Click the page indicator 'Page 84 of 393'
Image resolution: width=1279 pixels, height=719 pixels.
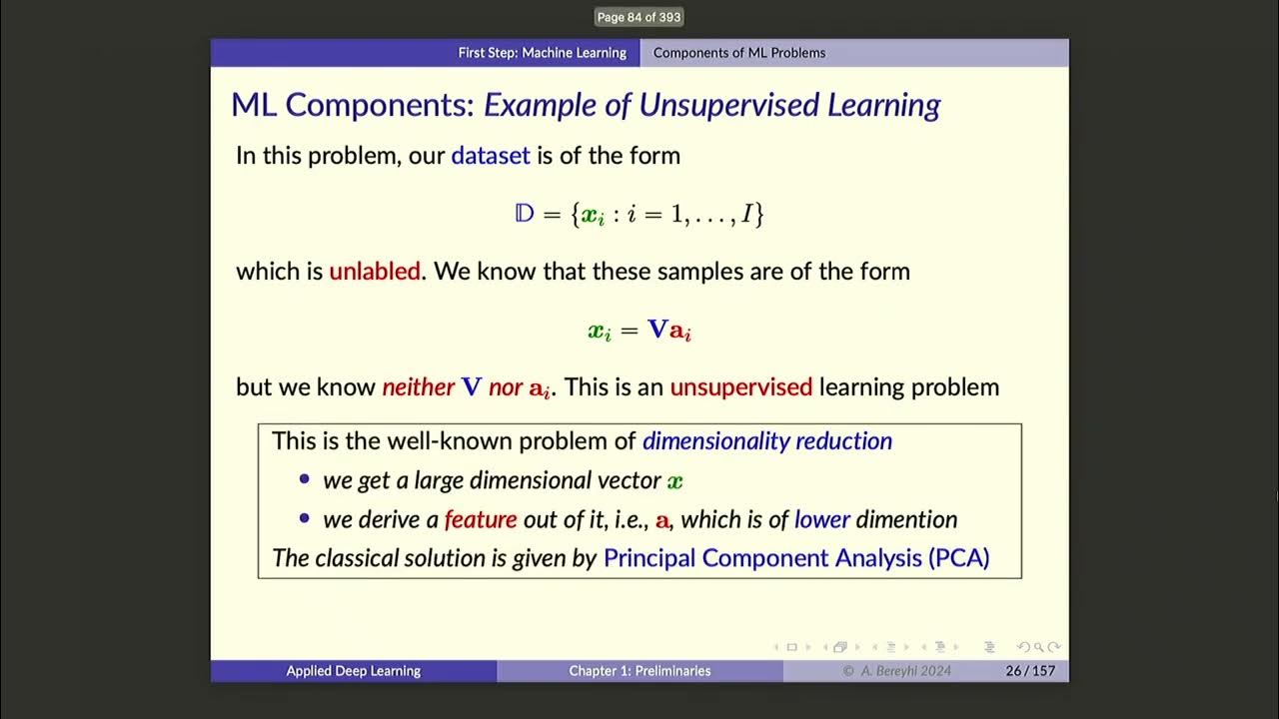tap(639, 17)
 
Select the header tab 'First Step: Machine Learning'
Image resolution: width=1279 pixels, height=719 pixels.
tap(542, 53)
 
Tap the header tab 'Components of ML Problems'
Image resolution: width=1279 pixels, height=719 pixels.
tap(738, 53)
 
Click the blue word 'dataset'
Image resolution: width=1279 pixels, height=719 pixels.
tap(490, 156)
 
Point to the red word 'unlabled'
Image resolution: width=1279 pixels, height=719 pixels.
tap(374, 272)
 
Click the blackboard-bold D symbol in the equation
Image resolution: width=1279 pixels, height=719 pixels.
tap(525, 214)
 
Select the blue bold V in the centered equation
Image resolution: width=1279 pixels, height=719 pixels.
tap(656, 330)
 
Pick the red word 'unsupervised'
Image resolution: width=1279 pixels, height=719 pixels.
tap(740, 387)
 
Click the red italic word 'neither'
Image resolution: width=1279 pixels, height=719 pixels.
tap(418, 387)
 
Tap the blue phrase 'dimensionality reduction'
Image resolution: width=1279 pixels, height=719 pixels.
tap(766, 440)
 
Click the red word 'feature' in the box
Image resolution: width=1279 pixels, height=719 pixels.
tap(481, 519)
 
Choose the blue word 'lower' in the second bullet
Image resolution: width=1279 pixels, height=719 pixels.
tap(821, 519)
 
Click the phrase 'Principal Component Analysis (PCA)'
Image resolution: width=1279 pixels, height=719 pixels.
tap(795, 557)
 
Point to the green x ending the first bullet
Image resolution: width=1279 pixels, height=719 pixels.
tap(675, 481)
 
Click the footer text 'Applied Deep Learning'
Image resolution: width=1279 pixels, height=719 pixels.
tap(353, 671)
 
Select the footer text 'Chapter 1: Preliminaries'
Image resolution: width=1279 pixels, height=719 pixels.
tap(639, 671)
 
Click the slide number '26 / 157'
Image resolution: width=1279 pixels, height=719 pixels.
tap(1029, 671)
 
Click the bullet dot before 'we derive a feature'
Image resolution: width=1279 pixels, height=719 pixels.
tap(305, 519)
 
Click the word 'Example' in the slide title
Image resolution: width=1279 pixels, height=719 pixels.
tap(535, 105)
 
